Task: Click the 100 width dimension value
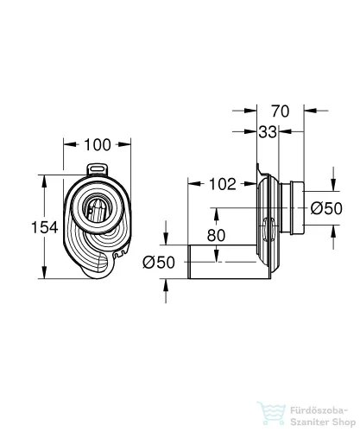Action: [x=98, y=144]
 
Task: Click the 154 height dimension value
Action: [x=45, y=227]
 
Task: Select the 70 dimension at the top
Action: [x=280, y=111]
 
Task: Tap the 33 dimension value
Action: [x=268, y=132]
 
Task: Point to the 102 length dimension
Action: [x=223, y=184]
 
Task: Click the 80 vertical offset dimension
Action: [x=216, y=235]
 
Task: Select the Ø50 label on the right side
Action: [x=326, y=208]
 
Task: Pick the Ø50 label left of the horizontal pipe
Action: [x=159, y=263]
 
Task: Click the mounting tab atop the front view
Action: [x=98, y=169]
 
